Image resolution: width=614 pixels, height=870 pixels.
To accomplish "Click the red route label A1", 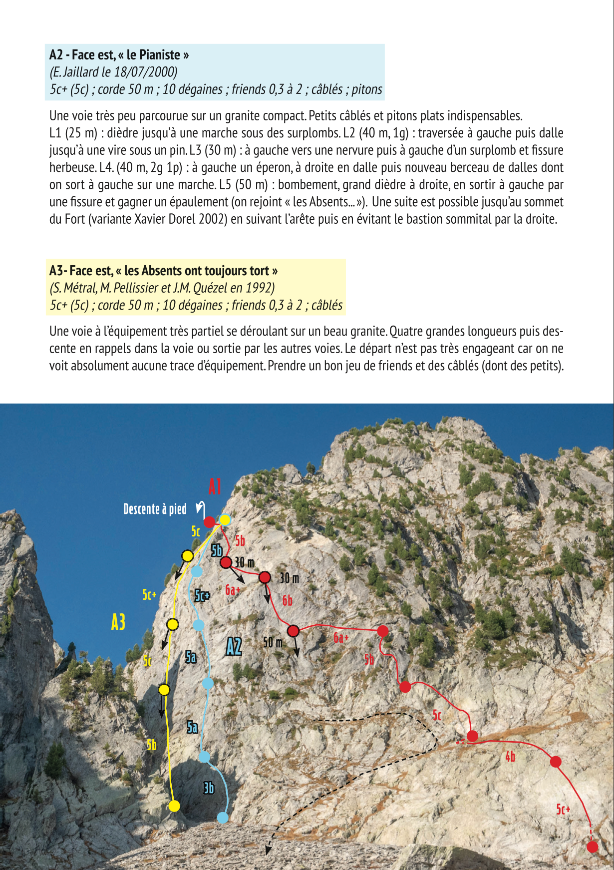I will coord(215,486).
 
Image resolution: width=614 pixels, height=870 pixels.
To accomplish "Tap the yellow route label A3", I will coord(118,622).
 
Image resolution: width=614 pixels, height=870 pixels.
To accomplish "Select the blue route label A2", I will coord(234,646).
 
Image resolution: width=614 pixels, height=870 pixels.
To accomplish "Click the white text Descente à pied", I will coord(155,509).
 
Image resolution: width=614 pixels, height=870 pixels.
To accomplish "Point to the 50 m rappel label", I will coord(273,642).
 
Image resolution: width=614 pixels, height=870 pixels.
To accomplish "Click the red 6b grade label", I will coord(288,600).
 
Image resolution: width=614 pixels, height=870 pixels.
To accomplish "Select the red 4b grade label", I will coord(510,757).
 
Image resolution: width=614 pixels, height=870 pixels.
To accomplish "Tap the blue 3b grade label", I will coord(209,788).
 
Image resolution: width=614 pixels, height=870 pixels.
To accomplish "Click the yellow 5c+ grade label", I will coord(149,595).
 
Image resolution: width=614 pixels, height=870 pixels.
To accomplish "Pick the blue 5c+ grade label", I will coord(202,595).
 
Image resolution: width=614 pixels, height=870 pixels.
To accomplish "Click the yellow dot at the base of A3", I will coord(174,806).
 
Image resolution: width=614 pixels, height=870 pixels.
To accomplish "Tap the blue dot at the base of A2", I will coord(223,818).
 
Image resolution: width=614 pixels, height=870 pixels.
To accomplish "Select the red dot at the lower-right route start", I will coord(592,847).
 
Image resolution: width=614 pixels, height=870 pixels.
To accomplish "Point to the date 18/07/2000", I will coord(146,72).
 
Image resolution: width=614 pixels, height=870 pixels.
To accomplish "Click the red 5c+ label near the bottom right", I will coord(563,809).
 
